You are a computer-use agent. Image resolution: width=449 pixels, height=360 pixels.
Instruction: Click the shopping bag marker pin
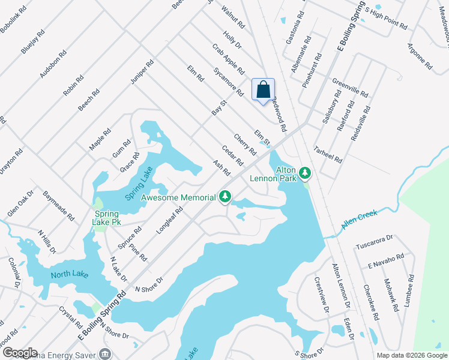click(x=263, y=90)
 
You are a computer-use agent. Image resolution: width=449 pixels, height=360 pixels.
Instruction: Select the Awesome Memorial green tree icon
click(x=225, y=196)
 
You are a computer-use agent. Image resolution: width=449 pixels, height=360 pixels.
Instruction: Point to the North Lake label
click(x=69, y=275)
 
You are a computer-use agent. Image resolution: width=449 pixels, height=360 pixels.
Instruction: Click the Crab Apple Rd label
click(x=228, y=58)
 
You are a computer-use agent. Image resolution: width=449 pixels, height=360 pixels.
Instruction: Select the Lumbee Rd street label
click(x=409, y=291)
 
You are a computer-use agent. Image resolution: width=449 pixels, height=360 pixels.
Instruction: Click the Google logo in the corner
click(x=19, y=353)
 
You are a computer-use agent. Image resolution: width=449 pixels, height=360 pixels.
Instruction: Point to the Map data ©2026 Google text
click(x=411, y=355)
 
